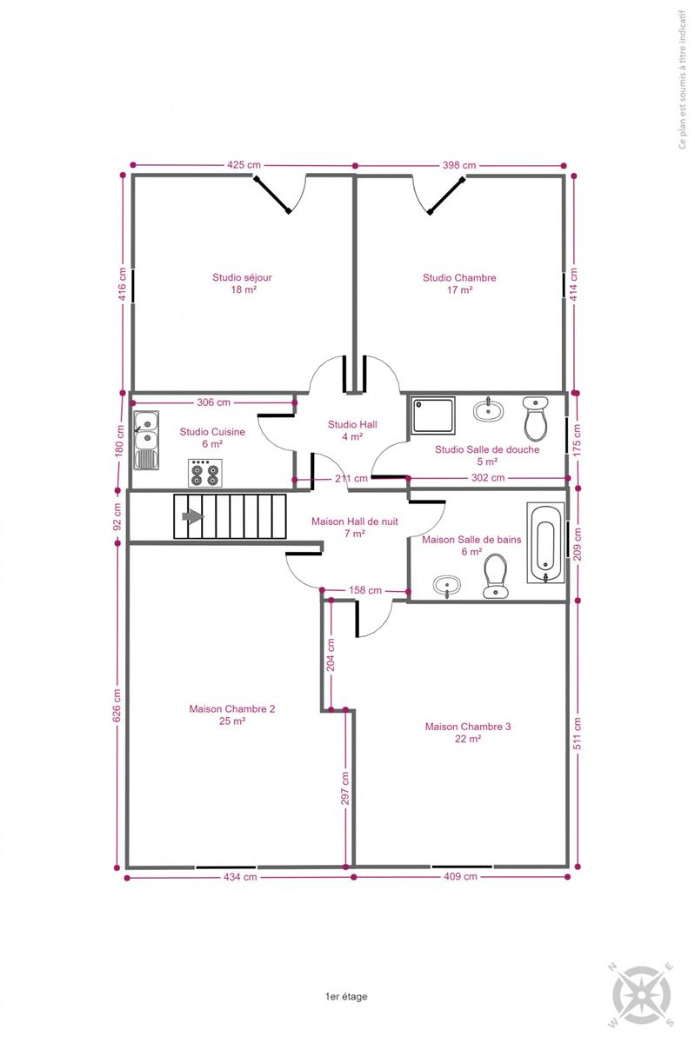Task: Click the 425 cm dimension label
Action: point(244,165)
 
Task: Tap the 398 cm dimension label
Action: point(459,165)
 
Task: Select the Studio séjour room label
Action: point(242,283)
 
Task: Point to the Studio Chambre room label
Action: point(459,283)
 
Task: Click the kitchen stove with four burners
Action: point(205,473)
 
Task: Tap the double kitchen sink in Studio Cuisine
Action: point(146,440)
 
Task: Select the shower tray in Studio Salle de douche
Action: point(433,415)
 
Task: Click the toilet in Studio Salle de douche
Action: point(536,418)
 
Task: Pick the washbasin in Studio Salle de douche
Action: point(489,410)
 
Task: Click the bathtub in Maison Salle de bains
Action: point(545,542)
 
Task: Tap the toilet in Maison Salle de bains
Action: point(496,575)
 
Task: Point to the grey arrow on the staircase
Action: point(192,516)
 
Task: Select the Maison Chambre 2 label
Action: point(232,714)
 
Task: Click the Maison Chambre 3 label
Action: point(467,733)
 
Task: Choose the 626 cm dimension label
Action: point(117,706)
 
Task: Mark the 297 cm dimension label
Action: point(345,787)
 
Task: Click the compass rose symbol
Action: point(642,994)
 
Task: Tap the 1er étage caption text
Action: point(346,996)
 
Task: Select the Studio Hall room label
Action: point(352,430)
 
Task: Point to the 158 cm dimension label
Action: point(365,590)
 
